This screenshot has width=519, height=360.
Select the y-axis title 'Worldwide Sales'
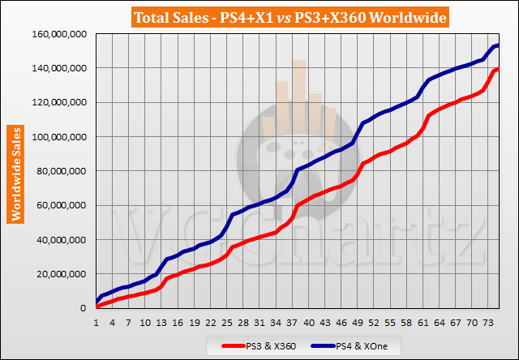click(x=15, y=174)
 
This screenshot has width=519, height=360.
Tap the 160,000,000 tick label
click(x=59, y=34)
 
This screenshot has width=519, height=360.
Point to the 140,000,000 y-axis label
click(x=59, y=68)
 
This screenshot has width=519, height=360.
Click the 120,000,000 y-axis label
click(x=59, y=103)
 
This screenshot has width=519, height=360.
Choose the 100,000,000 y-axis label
click(x=59, y=137)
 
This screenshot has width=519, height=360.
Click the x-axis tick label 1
click(x=97, y=322)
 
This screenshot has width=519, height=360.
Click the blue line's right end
click(x=497, y=45)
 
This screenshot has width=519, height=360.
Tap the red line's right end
click(x=497, y=69)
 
